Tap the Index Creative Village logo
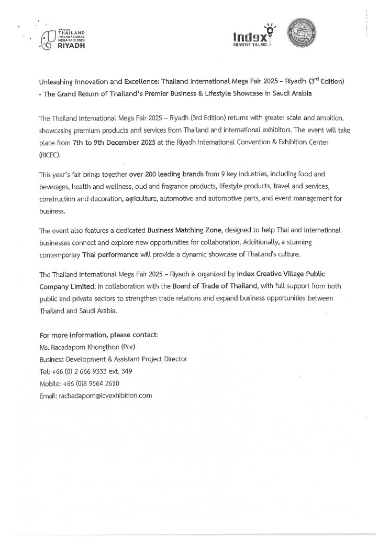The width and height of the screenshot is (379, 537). click(254, 37)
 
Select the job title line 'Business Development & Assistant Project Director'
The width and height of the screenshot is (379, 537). click(113, 359)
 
